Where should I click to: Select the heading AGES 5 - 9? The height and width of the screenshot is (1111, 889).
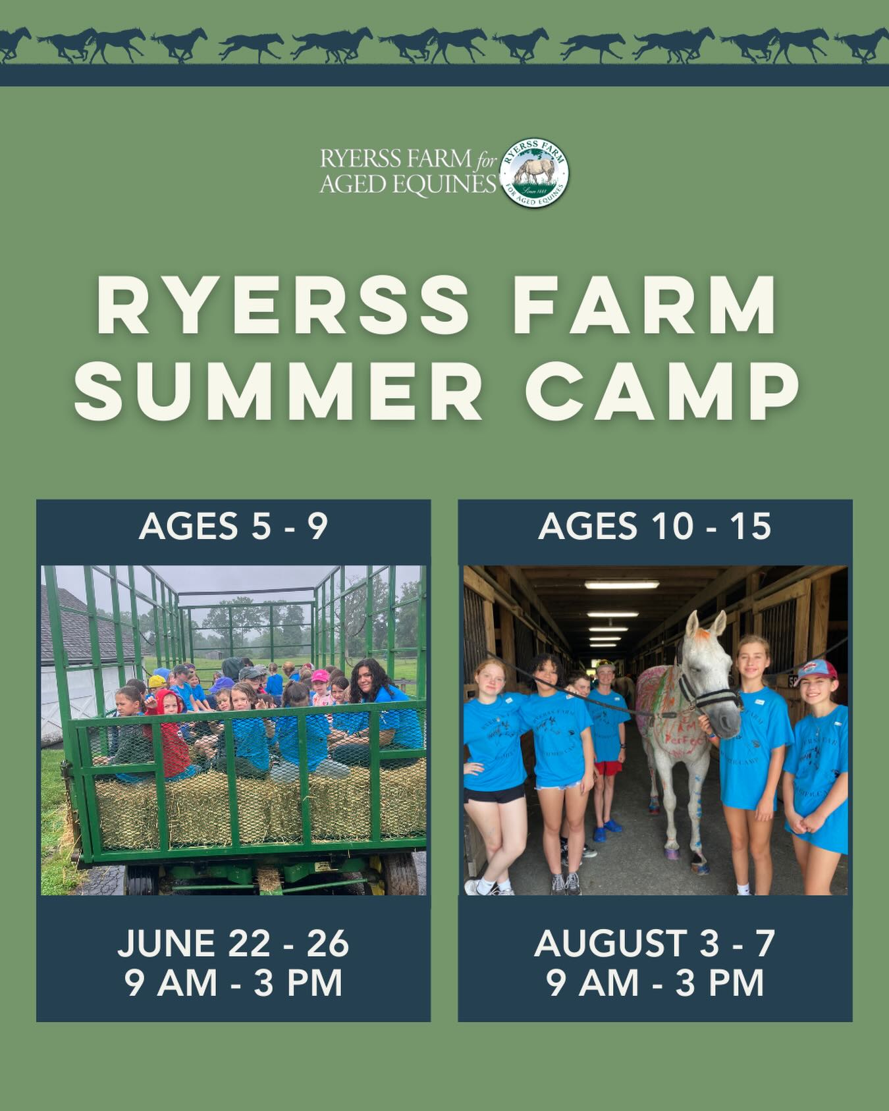coord(233,527)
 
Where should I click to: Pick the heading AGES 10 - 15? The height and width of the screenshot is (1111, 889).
coord(655,527)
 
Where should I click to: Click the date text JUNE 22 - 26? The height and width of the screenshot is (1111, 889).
coord(233,943)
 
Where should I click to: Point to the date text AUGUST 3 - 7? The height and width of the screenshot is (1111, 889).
coord(655,943)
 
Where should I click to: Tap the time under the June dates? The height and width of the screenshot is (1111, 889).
coord(233,983)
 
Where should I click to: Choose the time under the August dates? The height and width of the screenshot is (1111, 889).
coord(655,983)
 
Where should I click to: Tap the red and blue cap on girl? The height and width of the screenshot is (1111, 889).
coord(817,669)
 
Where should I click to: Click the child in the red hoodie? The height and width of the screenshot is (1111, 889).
coord(170,731)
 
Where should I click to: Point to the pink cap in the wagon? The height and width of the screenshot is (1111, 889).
coord(320,676)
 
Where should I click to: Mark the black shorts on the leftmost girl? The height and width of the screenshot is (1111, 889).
coord(494,794)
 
